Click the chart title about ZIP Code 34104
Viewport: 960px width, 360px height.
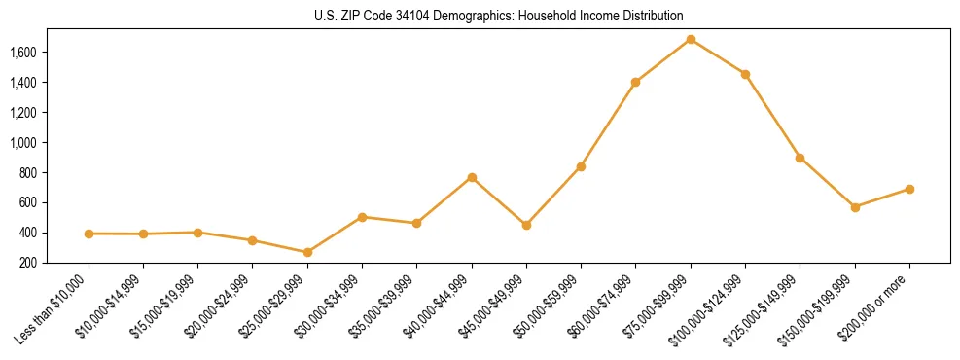pyautogui.click(x=499, y=17)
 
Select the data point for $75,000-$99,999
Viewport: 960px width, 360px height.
pyautogui.click(x=691, y=39)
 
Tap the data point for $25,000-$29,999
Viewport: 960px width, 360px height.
pyautogui.click(x=307, y=252)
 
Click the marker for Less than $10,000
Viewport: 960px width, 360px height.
pyautogui.click(x=89, y=234)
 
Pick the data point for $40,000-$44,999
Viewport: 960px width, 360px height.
pyautogui.click(x=472, y=177)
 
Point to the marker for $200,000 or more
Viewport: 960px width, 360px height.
pyautogui.click(x=909, y=189)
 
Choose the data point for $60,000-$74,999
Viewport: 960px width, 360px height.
pyautogui.click(x=635, y=82)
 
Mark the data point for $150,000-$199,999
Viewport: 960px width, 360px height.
pyautogui.click(x=855, y=207)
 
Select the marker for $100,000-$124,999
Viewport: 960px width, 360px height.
pyautogui.click(x=745, y=74)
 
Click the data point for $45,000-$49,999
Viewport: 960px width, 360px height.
pyautogui.click(x=526, y=225)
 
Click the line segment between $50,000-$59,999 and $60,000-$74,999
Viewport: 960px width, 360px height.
pyautogui.click(x=608, y=125)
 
